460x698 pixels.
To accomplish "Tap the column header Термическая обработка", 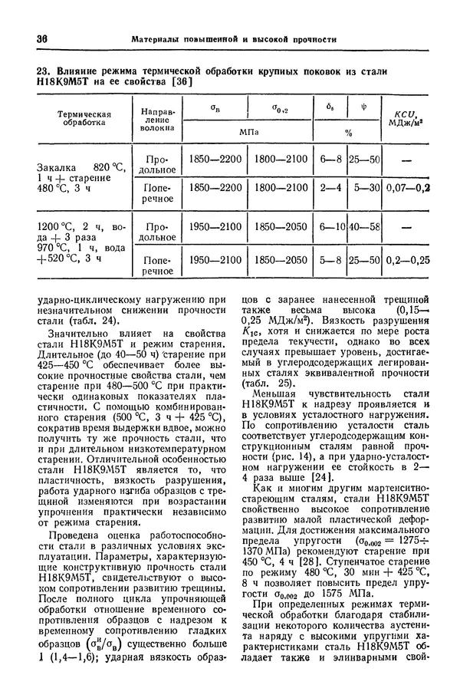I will click(84, 119).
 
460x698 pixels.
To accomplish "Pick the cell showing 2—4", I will click(330, 186).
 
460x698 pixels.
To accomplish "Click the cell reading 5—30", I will click(364, 186).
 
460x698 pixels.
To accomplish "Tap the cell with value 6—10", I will click(330, 228).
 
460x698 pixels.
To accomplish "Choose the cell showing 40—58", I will click(364, 228).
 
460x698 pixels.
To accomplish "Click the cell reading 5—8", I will click(330, 260).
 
